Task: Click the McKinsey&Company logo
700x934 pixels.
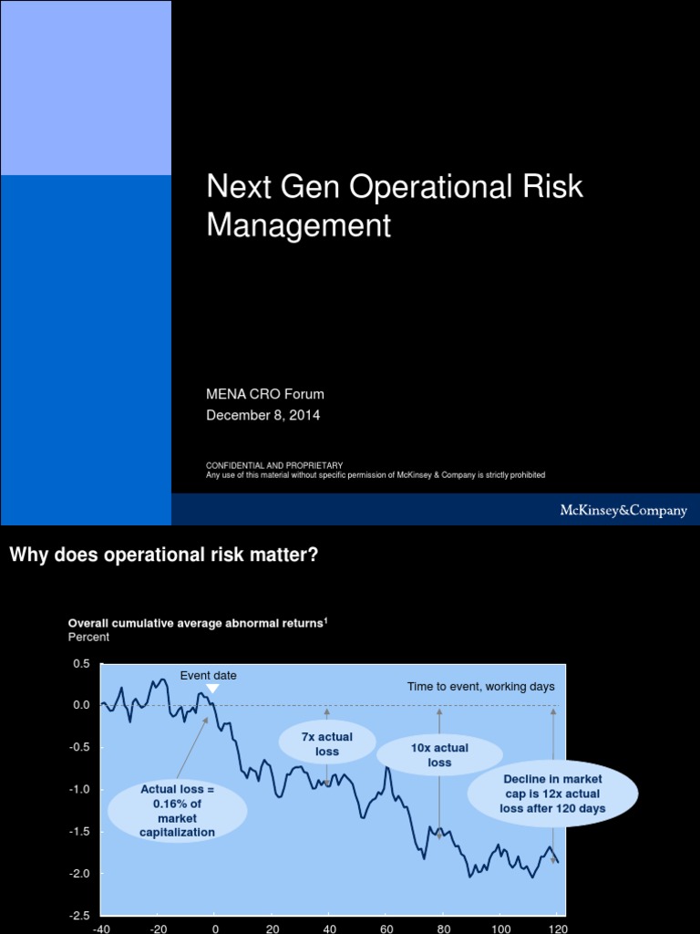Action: (623, 511)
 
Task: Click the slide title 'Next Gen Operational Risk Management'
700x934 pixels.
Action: (394, 205)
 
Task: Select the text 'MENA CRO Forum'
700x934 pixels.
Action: (265, 394)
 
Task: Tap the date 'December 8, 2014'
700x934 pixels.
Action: (263, 415)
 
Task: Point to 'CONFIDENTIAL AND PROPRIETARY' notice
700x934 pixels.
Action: (274, 466)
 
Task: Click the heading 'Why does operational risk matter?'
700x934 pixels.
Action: (164, 555)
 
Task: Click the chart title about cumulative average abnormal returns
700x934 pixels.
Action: (198, 623)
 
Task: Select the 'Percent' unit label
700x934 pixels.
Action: (88, 638)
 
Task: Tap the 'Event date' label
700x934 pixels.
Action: (208, 676)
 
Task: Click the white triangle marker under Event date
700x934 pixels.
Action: (211, 690)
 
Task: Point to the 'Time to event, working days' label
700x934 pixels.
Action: (480, 687)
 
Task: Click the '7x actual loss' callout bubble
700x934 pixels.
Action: (327, 744)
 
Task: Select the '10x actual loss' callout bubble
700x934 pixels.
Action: (439, 755)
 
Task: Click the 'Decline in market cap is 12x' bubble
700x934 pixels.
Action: (553, 794)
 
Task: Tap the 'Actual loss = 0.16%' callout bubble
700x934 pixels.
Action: (178, 810)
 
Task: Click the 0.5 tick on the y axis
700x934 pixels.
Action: (82, 663)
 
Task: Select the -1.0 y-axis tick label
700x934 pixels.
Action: (80, 789)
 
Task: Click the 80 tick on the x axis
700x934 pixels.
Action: (444, 929)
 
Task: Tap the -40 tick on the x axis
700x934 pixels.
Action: (102, 929)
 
